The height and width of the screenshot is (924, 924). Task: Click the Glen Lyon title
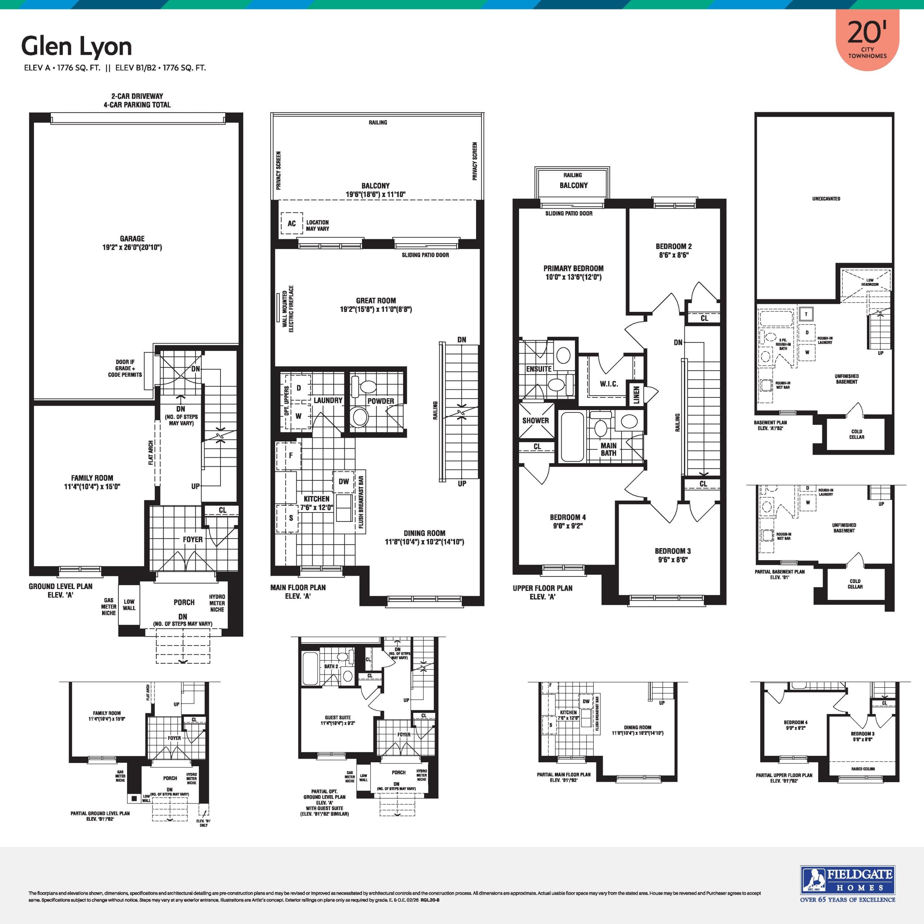77,47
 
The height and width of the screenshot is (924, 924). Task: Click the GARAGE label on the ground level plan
132,239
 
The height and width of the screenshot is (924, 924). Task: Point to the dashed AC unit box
291,223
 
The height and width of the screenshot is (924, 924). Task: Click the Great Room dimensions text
375,309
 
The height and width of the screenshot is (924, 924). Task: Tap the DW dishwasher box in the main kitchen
343,481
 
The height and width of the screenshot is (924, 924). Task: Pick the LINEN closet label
636,395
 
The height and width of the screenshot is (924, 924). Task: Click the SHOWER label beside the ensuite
535,420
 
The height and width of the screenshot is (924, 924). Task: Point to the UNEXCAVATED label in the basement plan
826,199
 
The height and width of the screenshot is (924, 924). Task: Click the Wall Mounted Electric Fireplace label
288,309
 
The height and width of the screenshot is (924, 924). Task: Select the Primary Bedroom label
573,268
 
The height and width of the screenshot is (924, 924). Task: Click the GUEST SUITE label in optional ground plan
337,718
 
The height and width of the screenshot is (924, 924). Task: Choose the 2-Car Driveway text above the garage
137,96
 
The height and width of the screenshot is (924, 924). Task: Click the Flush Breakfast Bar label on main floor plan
361,502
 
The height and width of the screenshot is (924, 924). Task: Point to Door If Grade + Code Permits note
125,368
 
